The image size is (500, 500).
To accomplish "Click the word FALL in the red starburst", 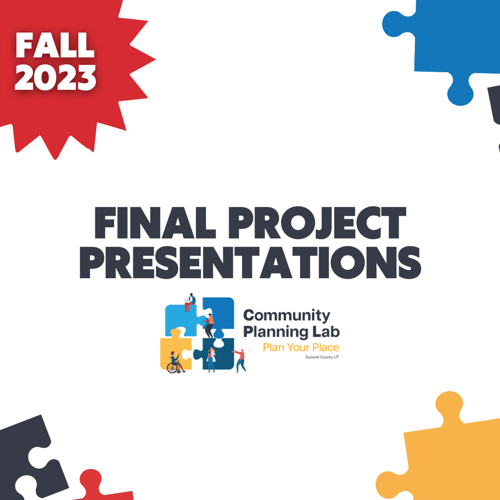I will point(55,45).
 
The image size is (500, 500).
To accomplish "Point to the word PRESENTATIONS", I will point(250,262).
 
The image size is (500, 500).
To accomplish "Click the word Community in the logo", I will point(287,316).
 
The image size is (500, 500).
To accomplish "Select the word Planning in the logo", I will point(275,332).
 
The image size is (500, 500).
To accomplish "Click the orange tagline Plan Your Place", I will point(301,347).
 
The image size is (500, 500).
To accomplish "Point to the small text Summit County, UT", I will point(322,357).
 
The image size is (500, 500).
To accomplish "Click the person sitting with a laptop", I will point(190,301).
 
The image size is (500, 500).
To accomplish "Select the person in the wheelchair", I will point(175,361).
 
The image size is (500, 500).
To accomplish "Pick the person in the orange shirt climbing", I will point(209,324).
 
